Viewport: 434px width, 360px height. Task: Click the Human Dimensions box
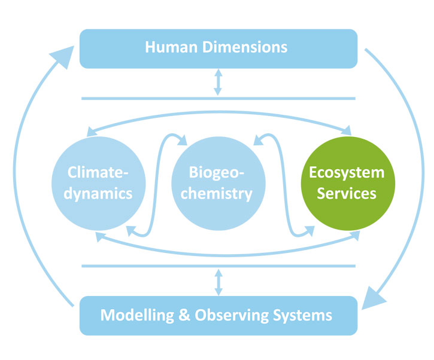click(218, 47)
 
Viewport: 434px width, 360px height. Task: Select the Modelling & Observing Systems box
click(218, 315)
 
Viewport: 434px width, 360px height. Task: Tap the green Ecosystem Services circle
click(347, 183)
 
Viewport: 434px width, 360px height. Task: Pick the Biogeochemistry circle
click(218, 183)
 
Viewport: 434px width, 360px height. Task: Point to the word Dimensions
click(244, 47)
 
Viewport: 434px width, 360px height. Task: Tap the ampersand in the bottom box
click(183, 315)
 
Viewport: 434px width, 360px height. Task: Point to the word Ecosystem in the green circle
click(347, 173)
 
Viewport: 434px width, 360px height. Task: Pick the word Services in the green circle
click(347, 194)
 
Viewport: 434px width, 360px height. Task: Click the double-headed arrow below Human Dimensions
click(218, 83)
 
